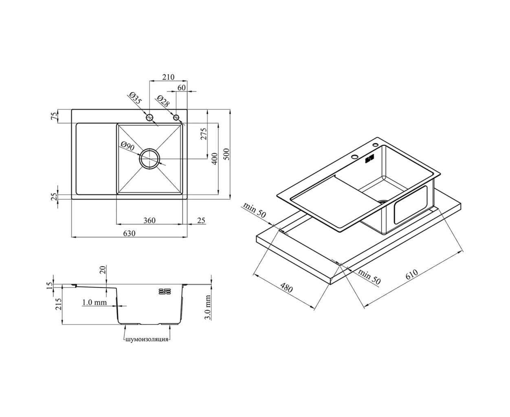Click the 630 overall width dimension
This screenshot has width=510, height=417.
129,233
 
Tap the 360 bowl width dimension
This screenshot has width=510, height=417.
149,220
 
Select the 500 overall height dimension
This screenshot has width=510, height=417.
226,154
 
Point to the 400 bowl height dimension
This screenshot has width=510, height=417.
215,159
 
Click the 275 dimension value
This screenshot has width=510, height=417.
204,134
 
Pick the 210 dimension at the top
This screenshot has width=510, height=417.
168,77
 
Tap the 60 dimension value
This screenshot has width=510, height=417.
181,88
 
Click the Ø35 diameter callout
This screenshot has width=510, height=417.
135,98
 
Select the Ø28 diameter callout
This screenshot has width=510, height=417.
163,101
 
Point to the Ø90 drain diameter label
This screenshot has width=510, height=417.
127,146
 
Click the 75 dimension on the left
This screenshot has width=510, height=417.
55,116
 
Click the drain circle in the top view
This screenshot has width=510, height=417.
149,158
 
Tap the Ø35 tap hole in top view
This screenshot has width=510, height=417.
149,118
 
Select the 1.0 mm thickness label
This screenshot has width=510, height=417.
95,302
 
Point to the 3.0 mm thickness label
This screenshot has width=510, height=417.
208,307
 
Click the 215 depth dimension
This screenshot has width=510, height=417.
59,304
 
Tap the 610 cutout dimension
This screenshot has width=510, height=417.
411,274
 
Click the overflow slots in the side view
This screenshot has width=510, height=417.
165,291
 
